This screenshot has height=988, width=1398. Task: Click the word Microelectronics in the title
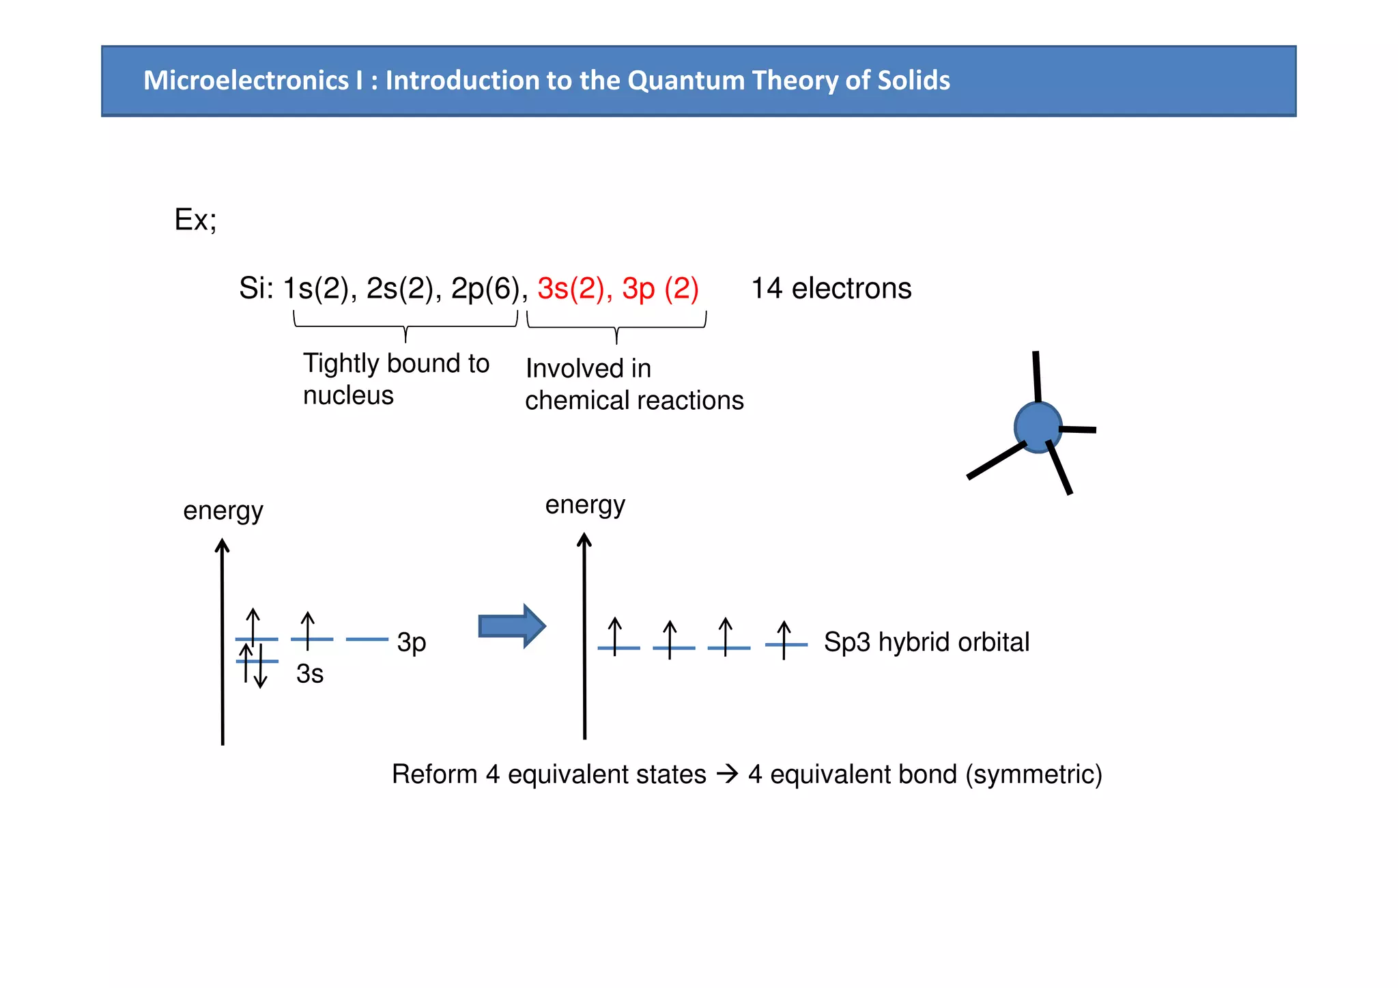246,81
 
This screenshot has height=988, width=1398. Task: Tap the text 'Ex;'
195,220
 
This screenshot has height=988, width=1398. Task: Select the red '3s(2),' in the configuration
575,289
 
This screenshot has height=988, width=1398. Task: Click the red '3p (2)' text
660,289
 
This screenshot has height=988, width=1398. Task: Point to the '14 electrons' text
831,289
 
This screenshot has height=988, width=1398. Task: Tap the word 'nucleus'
348,395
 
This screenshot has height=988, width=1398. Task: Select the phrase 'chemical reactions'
634,400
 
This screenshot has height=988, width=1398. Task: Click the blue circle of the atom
1038,427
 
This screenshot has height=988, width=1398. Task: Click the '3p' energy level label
412,643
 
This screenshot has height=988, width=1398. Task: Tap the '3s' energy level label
309,674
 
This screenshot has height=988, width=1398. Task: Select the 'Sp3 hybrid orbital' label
926,642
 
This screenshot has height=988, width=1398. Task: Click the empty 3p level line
367,639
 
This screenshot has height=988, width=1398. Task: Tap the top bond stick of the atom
1037,376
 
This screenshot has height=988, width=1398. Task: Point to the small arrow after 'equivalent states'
728,774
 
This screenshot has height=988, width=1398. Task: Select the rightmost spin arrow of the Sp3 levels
784,639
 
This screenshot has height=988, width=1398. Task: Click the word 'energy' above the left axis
223,511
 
